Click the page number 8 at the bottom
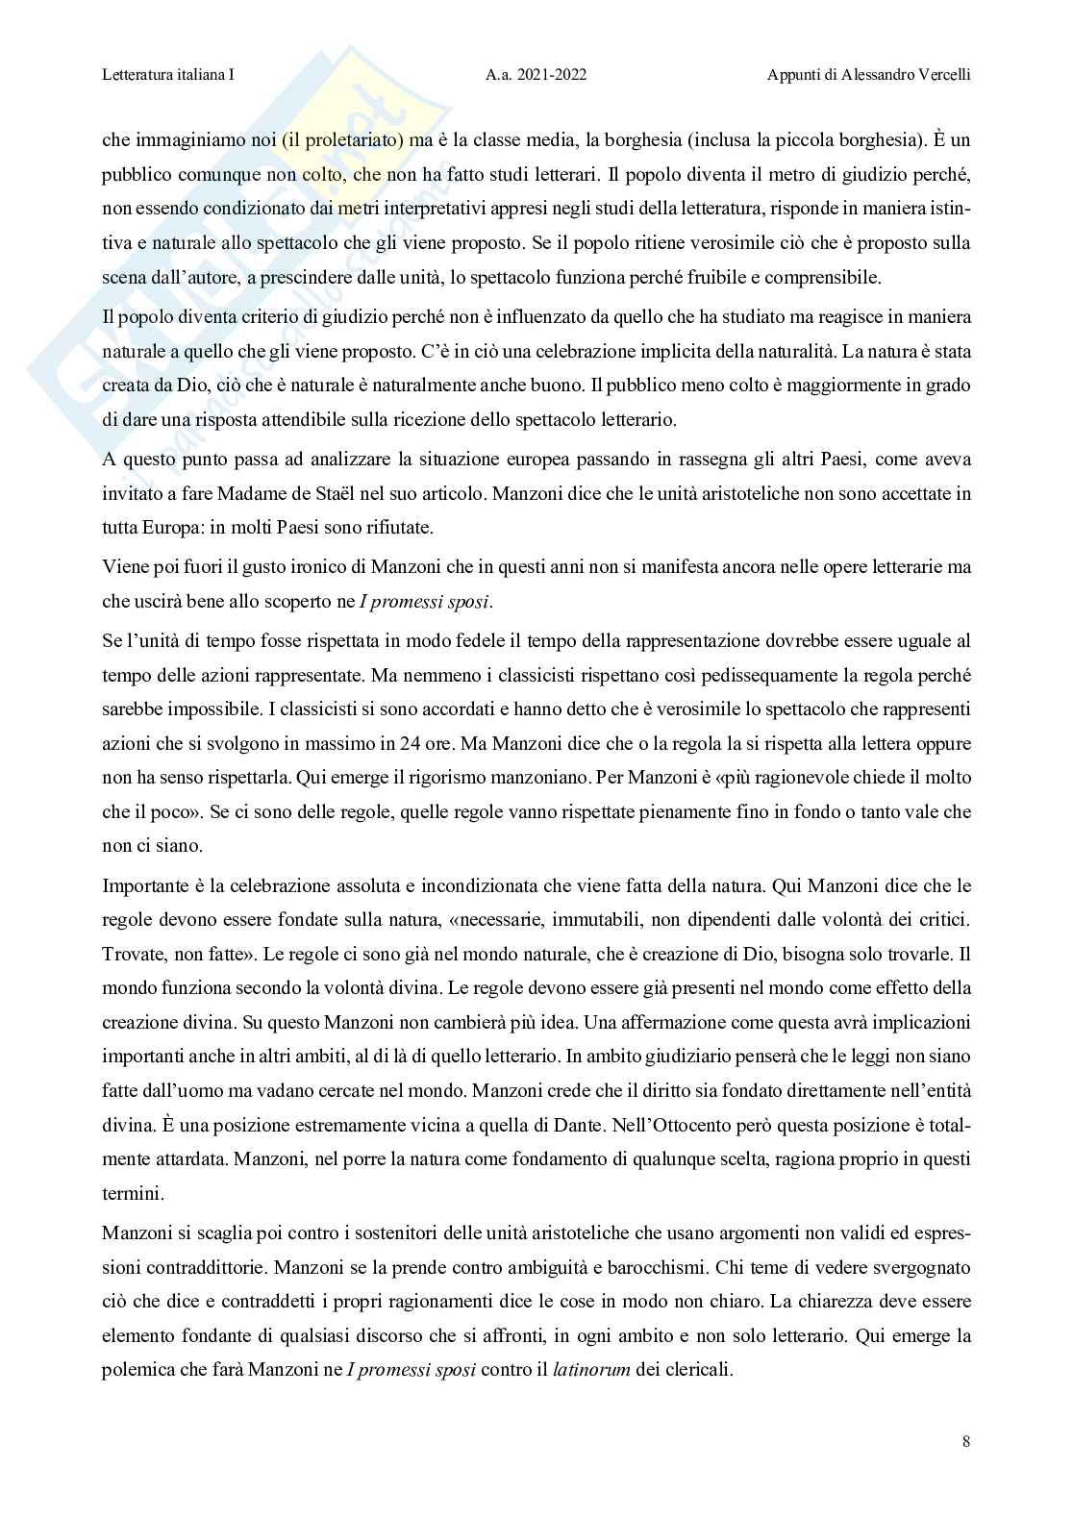(965, 1441)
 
